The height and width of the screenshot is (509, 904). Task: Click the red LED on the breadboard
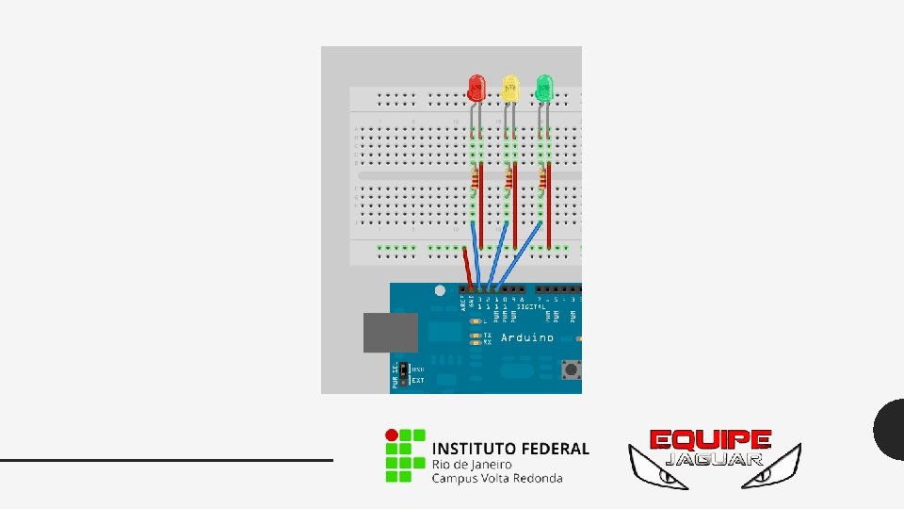476,89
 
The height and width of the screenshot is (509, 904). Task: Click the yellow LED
510,89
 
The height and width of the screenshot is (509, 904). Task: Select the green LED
544,89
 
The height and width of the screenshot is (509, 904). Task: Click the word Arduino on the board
526,337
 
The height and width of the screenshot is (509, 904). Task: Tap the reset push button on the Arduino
570,369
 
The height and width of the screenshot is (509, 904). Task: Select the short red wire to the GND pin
467,266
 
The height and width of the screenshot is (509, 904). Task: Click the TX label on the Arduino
487,335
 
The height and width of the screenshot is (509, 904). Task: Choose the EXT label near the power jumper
417,381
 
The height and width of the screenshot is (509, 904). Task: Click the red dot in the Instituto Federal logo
390,435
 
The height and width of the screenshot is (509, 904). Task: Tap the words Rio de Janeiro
472,464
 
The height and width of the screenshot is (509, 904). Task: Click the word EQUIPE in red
711,440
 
